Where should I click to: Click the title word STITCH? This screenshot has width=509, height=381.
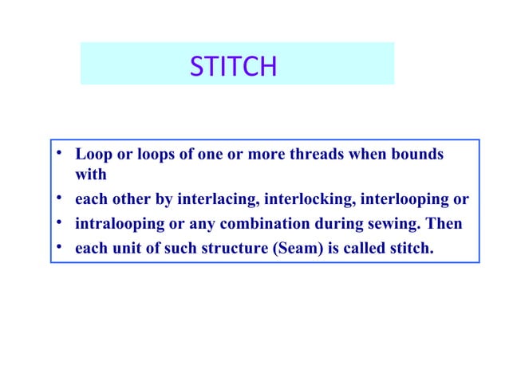pyautogui.click(x=233, y=67)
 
